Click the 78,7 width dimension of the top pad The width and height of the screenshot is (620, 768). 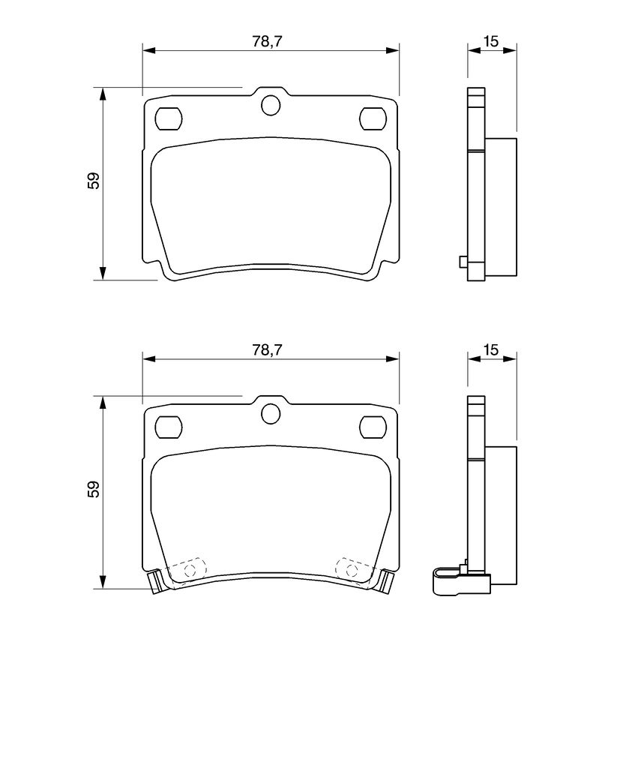268,42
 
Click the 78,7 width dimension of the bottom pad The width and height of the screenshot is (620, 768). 268,349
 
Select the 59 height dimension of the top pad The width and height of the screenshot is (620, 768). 94,180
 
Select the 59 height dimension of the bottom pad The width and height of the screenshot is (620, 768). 94,489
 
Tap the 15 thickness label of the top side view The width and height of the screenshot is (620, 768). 490,42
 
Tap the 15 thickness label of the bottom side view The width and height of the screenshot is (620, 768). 490,349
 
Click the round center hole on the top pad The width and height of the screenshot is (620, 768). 271,105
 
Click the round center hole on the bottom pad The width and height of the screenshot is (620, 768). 271,413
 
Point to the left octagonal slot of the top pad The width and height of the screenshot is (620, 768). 169,118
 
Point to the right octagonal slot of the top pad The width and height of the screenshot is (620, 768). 373,118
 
